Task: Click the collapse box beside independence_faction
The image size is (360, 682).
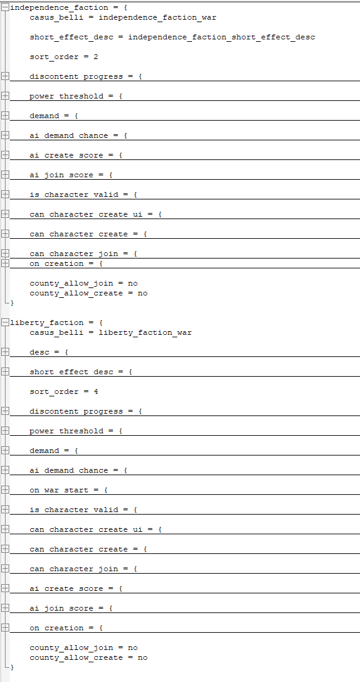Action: coord(5,7)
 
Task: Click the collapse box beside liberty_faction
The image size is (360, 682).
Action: coord(5,323)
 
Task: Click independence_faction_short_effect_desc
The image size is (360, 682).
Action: coord(222,37)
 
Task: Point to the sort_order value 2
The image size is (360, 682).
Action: coord(95,57)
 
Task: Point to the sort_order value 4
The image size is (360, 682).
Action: coord(95,391)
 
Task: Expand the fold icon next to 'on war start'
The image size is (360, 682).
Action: coord(5,490)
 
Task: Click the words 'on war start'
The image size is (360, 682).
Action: coord(58,490)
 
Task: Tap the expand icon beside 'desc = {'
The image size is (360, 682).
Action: coord(5,352)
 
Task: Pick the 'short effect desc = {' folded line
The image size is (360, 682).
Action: coord(81,372)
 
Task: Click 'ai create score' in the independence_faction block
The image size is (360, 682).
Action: coord(66,155)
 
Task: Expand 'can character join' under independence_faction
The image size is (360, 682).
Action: coord(5,253)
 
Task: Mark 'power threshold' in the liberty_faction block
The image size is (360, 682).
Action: coord(66,431)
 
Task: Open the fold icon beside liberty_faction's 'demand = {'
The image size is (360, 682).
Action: coord(5,450)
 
